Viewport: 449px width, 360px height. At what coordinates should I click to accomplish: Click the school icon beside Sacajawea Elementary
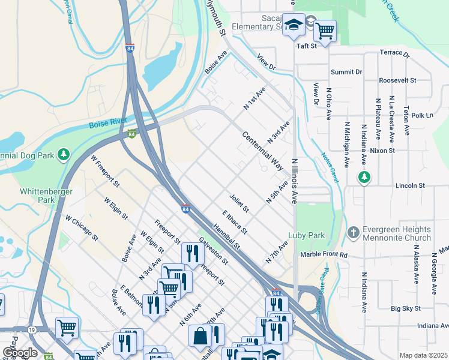click(294, 25)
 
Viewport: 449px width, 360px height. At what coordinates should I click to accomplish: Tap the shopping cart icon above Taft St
click(325, 30)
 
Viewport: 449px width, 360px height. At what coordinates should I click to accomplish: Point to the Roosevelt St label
click(397, 80)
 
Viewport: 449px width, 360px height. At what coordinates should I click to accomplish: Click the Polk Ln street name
click(422, 115)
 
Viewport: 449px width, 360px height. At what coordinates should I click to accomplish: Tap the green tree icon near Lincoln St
click(364, 177)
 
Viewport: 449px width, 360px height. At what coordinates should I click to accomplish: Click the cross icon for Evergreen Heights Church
click(354, 232)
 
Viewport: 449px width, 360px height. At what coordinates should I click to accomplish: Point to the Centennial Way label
click(262, 151)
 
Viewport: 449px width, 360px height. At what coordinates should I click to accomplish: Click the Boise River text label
click(108, 123)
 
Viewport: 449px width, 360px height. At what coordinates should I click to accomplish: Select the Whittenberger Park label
click(46, 196)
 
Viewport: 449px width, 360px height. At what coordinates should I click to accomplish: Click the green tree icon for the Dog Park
click(64, 155)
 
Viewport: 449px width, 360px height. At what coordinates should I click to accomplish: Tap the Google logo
click(19, 353)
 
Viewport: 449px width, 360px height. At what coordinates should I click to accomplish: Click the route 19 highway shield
click(29, 329)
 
